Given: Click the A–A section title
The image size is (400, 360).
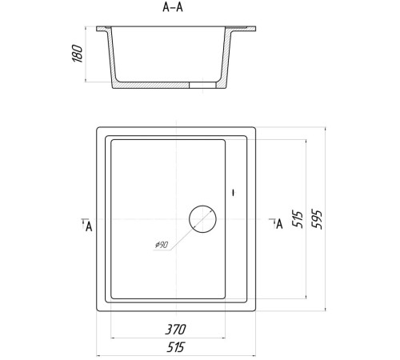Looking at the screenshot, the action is click(173, 7).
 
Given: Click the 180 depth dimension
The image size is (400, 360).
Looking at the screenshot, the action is click(78, 54).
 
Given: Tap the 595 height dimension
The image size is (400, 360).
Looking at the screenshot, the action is click(317, 219).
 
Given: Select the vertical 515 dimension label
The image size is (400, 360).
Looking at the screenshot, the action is click(298, 219).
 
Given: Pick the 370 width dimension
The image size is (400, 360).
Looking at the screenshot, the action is click(175, 330).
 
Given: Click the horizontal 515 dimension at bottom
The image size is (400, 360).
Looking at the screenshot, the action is click(175, 347).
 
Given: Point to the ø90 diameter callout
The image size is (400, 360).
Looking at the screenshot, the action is click(162, 245).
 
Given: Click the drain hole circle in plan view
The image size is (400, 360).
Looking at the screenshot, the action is click(202, 206).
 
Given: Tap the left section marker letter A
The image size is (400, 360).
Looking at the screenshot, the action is click(89, 226).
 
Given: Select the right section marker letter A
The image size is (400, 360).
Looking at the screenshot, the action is click(279, 224).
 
